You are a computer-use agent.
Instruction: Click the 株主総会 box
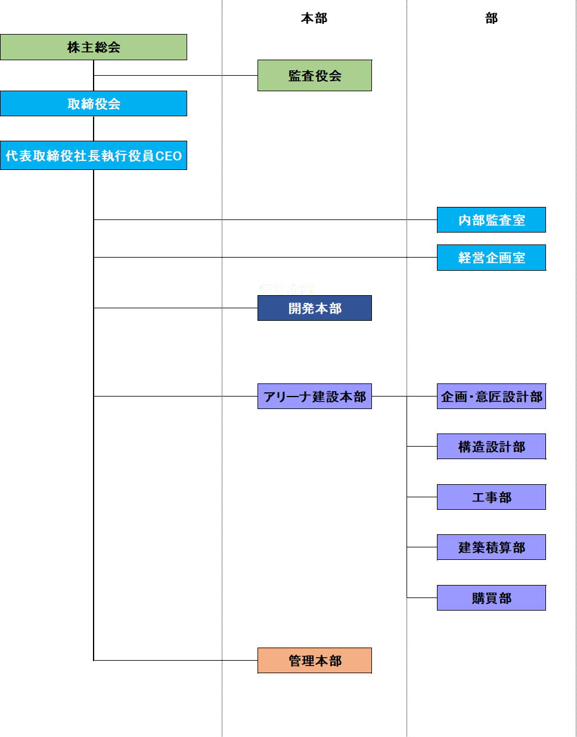[x=94, y=47]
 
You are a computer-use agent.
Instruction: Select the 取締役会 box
[x=94, y=104]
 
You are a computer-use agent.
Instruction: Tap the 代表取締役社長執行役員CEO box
[x=94, y=156]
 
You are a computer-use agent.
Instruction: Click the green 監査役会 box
[x=315, y=76]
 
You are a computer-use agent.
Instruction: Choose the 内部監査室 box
[x=491, y=220]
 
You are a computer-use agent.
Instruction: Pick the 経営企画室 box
[x=491, y=258]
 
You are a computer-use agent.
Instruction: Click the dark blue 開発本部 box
[x=315, y=308]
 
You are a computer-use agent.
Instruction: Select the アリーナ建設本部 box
[x=315, y=397]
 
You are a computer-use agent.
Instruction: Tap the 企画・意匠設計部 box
[x=491, y=397]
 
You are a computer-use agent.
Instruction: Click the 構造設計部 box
[x=491, y=447]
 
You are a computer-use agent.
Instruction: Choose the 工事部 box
[x=491, y=497]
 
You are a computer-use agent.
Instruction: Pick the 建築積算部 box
[x=491, y=547]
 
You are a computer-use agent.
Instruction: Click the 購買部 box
[x=491, y=598]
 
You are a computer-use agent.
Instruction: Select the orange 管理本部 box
[x=315, y=661]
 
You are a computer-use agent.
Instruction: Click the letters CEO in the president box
[x=169, y=156]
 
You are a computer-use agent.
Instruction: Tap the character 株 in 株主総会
[x=74, y=48]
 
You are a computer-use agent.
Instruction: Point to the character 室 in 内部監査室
[x=519, y=221]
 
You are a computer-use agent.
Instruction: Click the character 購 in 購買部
[x=479, y=598]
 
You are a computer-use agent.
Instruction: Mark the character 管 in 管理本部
[x=295, y=661]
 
